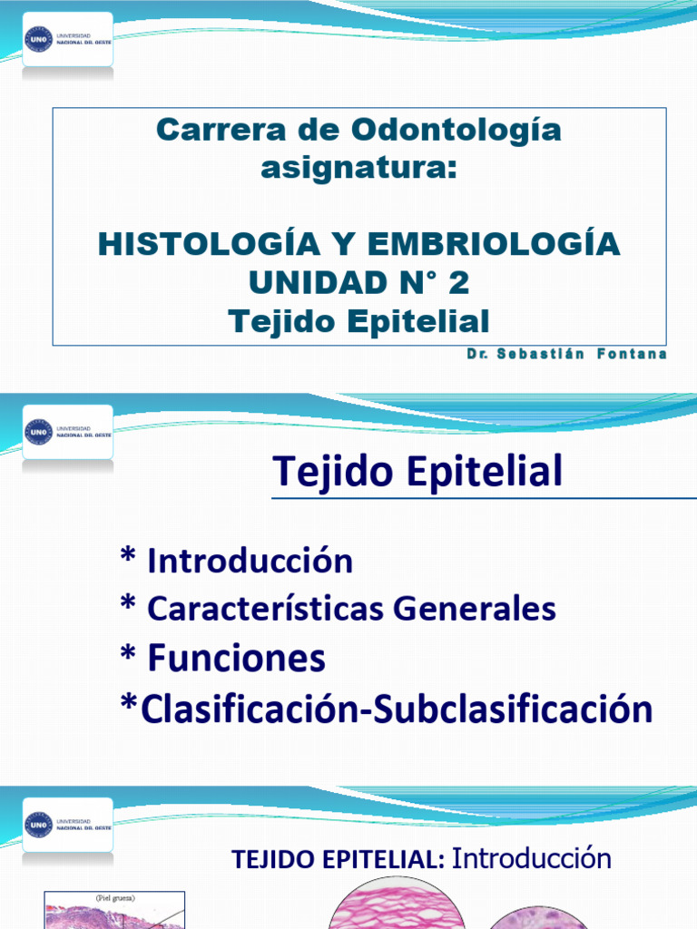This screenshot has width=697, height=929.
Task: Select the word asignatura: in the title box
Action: tap(358, 168)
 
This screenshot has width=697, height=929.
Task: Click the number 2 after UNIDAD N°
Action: tap(458, 283)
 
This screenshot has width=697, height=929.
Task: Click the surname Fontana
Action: tap(633, 354)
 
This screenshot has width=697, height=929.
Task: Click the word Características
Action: tap(265, 609)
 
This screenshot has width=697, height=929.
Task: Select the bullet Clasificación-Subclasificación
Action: tap(386, 709)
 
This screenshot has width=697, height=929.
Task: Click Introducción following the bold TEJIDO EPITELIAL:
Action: tap(532, 858)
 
